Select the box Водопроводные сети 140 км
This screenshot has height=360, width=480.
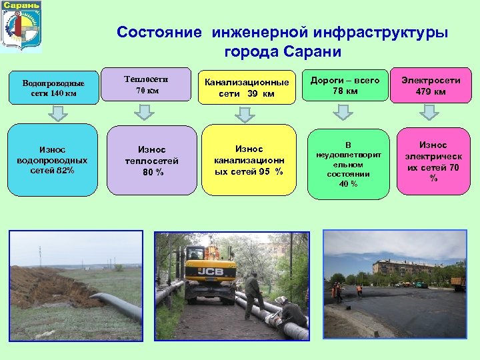pyautogui.click(x=53, y=88)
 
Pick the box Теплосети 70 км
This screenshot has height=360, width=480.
pyautogui.click(x=147, y=85)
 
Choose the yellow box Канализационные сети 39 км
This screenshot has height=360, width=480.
pyautogui.click(x=247, y=87)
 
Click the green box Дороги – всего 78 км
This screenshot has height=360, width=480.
pyautogui.click(x=345, y=85)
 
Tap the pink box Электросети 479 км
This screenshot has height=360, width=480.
pyautogui.click(x=431, y=86)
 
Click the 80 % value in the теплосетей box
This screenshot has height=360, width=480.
pyautogui.click(x=152, y=172)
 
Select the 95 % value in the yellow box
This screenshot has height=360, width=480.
pyautogui.click(x=271, y=171)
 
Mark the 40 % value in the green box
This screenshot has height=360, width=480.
pyautogui.click(x=348, y=183)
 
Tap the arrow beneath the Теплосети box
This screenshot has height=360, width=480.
pyautogui.click(x=147, y=114)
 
